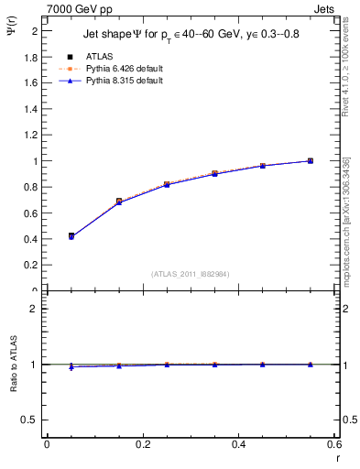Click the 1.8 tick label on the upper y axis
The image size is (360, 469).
(31, 57)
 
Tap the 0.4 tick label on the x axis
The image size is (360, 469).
(238, 444)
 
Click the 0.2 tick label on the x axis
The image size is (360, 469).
(142, 444)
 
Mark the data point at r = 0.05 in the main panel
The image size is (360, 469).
(71, 236)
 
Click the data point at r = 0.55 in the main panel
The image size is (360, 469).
(311, 161)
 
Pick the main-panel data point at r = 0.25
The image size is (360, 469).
(167, 184)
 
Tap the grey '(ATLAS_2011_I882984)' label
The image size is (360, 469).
(191, 274)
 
